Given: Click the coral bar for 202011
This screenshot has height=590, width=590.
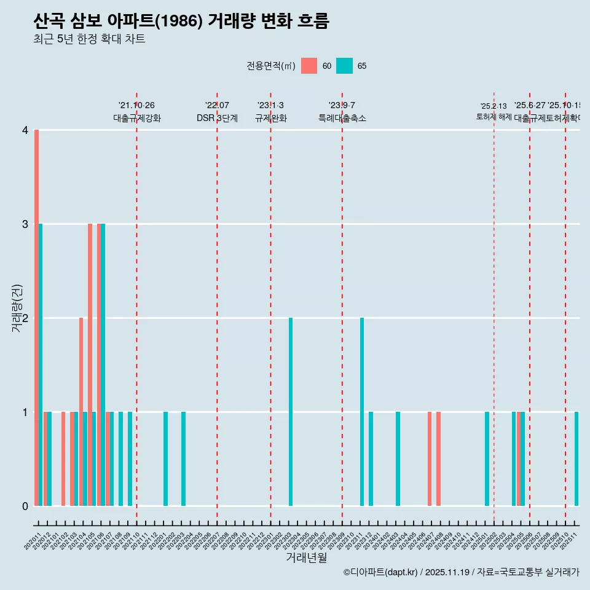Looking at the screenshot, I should point(36,318).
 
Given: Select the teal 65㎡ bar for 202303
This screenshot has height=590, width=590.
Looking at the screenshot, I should point(291,412).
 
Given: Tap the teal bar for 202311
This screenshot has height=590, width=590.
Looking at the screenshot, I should point(362,412).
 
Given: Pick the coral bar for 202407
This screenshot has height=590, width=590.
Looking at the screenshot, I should point(430,458).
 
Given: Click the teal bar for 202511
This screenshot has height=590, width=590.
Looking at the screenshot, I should point(576,458).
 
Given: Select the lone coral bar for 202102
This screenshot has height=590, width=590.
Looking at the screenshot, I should point(63,458).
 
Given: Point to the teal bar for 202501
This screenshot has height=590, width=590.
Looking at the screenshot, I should point(487,458).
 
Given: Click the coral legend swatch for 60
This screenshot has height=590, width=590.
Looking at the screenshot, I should point(309,66).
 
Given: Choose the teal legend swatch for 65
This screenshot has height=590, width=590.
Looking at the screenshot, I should point(345,66).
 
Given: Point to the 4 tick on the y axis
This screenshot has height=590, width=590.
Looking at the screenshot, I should point(25,130).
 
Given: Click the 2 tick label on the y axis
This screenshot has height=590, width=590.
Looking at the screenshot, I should point(25,318).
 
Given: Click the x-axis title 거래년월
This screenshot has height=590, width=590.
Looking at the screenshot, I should point(306,557).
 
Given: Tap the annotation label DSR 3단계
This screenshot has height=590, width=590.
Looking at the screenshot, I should point(217,118).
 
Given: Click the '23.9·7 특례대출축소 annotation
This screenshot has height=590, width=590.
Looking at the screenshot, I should point(342,112).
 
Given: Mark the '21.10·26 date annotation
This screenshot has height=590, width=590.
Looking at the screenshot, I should point(136,106).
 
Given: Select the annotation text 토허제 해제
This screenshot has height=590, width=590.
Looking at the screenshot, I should point(494,116).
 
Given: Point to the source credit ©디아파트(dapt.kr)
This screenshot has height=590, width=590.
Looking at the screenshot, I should point(380,572).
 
